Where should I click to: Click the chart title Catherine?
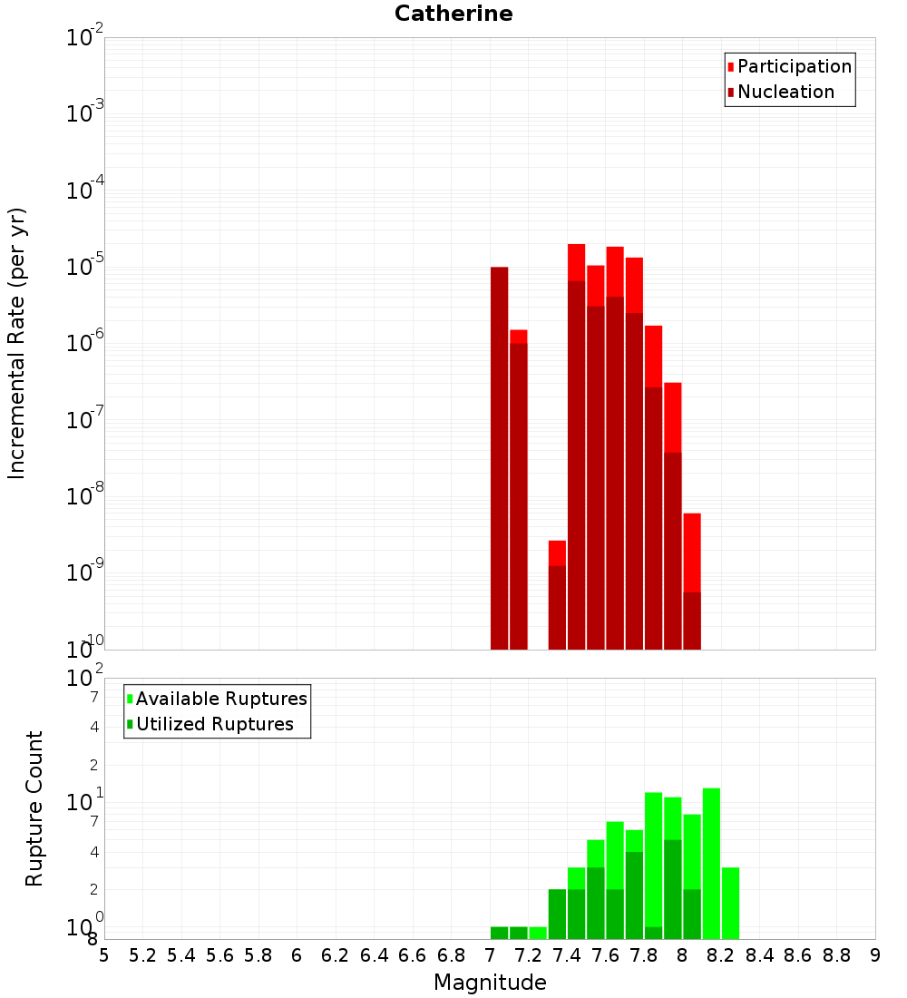[x=453, y=14]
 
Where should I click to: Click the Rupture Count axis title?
[x=34, y=807]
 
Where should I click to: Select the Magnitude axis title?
[x=490, y=983]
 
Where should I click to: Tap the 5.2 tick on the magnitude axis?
[x=143, y=955]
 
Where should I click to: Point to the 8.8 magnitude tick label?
[x=836, y=955]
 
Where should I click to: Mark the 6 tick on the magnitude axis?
[x=297, y=955]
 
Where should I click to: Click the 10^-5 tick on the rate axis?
[x=85, y=267]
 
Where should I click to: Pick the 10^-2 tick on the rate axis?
[x=85, y=37]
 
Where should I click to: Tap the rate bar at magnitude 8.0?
[x=692, y=581]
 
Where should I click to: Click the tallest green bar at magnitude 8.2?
[x=711, y=862]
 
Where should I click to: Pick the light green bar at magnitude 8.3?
[x=730, y=903]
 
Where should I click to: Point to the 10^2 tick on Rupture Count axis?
[x=85, y=679]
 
